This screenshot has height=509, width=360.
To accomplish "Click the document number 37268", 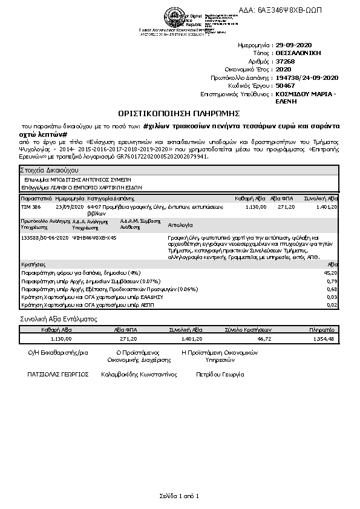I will (x=285, y=61).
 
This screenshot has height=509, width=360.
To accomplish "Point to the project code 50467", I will (x=285, y=86).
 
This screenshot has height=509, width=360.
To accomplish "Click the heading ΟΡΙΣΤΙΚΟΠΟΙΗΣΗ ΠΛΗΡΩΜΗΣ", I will (x=179, y=113).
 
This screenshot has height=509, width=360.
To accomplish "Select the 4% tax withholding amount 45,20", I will (x=330, y=273).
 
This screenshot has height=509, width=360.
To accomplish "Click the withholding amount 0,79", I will (x=332, y=281).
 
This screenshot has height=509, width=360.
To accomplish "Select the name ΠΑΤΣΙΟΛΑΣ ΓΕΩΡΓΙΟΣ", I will (x=58, y=375).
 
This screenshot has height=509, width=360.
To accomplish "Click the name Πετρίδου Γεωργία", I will (x=220, y=375).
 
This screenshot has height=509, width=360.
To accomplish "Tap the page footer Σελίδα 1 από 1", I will (x=179, y=496).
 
